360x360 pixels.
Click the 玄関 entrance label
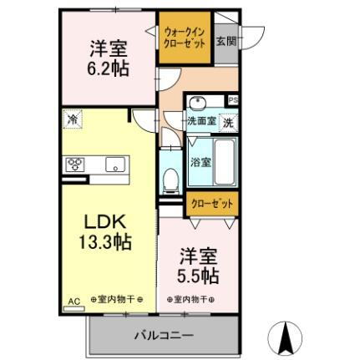pos(225,41)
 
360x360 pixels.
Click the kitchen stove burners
pos(73,164)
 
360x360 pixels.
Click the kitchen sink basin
pos(114,163)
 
